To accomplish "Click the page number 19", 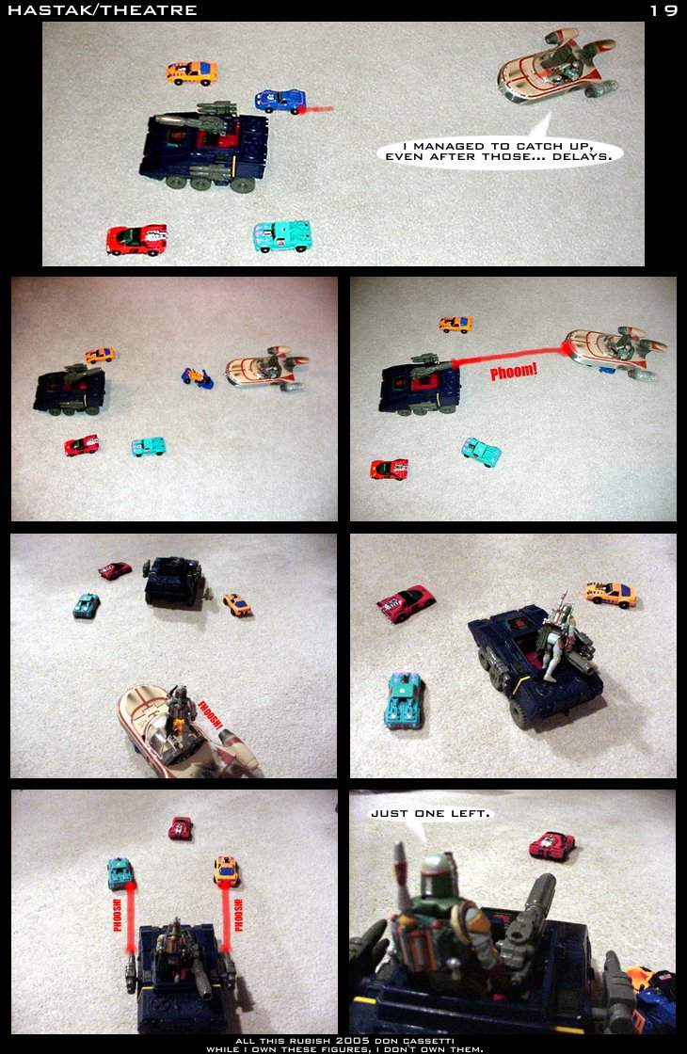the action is coord(663,10).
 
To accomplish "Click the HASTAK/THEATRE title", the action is coord(103,10).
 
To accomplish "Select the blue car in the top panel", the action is coord(280,101).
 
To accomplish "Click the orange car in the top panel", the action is coord(192,72).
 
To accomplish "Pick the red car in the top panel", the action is coord(136,240).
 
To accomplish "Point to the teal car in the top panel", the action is coord(282,236).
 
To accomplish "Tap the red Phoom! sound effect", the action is coord(514,371).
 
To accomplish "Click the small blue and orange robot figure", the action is coord(197,377).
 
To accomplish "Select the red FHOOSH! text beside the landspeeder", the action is coord(210,715).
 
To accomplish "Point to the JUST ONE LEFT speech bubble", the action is coord(430,814).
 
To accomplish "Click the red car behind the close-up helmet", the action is coord(551,846).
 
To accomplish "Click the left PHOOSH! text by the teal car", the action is coord(118,915).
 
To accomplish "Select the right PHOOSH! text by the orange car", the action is coord(239,915).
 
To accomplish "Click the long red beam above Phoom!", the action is coord(509,357).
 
